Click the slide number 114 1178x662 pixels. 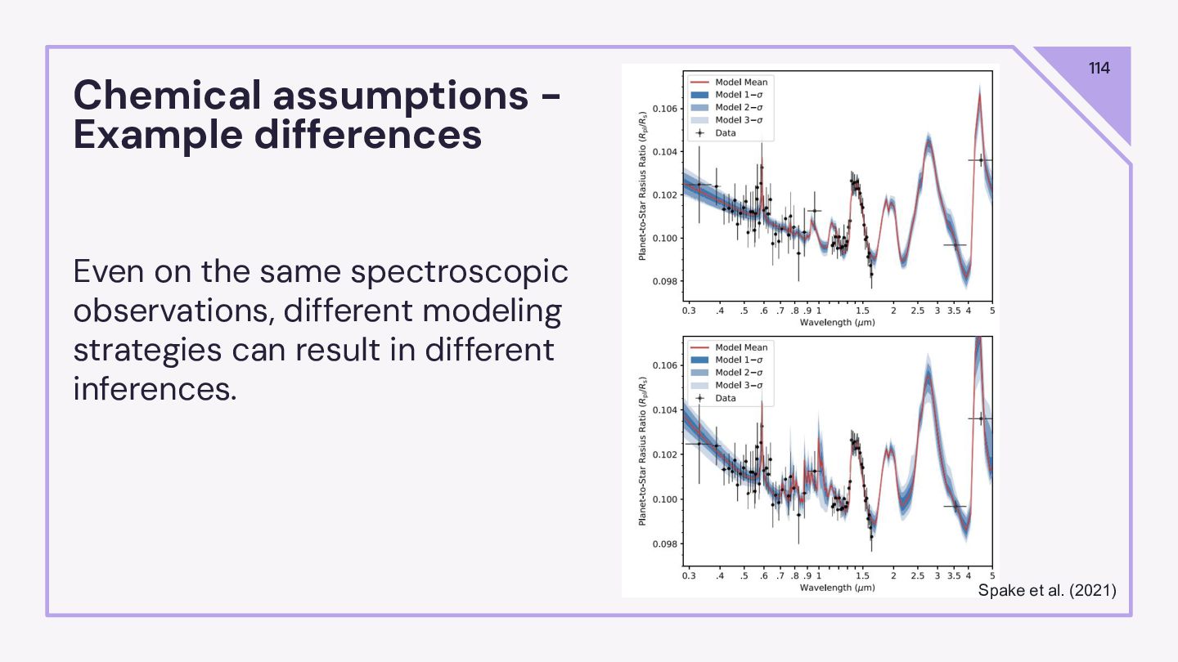[x=1099, y=69]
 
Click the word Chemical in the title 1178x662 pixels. [x=166, y=96]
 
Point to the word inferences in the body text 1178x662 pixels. [x=155, y=388]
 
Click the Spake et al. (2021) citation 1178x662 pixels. [x=1047, y=589]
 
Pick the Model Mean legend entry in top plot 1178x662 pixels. [x=741, y=82]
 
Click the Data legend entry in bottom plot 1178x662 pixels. [x=726, y=398]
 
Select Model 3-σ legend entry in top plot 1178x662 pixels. [x=740, y=120]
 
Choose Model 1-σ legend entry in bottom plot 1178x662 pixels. [x=740, y=360]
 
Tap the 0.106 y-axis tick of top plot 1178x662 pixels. [x=664, y=109]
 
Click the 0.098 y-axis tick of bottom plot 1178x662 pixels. [x=664, y=543]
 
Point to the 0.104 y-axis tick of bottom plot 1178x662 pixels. [x=664, y=409]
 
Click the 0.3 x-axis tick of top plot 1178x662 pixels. [x=689, y=311]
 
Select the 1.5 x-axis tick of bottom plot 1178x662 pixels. [x=861, y=576]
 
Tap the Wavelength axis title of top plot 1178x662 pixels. [x=839, y=323]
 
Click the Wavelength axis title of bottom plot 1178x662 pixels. [x=839, y=588]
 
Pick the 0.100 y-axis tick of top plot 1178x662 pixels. [x=664, y=238]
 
